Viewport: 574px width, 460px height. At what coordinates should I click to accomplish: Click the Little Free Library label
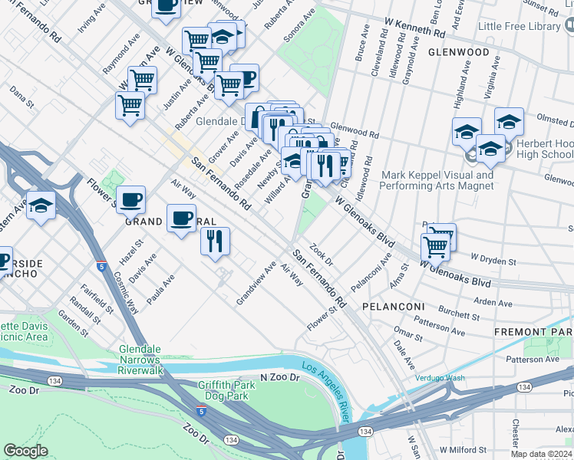coord(519,26)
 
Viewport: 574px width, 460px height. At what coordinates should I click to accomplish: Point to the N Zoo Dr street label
coord(283,377)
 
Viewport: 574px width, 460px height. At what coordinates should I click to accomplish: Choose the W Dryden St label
coord(493,261)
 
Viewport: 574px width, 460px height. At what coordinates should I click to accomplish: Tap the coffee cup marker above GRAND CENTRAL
coord(182,219)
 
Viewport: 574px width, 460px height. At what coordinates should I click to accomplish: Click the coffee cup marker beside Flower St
coord(130,200)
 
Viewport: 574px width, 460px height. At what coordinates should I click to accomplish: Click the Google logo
coord(26,450)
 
